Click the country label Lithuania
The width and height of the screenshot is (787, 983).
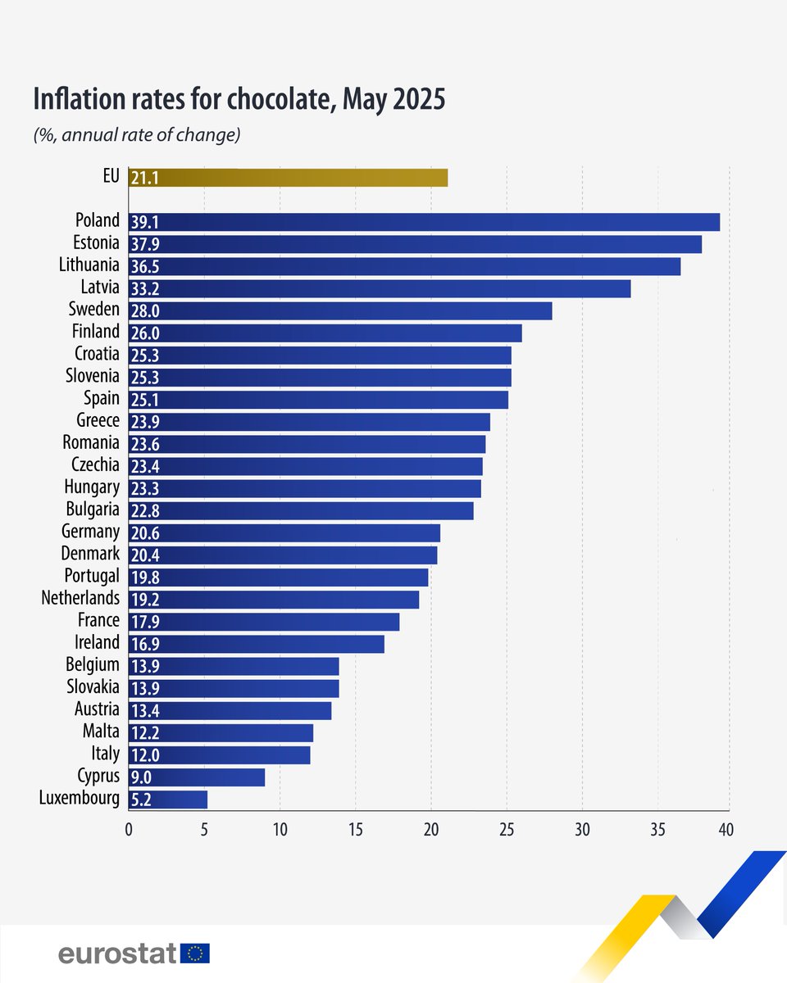pyautogui.click(x=89, y=265)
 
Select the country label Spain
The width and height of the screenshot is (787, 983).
pyautogui.click(x=101, y=398)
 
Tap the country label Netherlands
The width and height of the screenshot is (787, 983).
pyautogui.click(x=80, y=598)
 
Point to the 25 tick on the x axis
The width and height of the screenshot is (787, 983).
pyautogui.click(x=507, y=829)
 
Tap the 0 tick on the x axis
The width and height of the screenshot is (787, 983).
pyautogui.click(x=129, y=829)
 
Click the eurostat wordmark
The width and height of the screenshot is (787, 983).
pyautogui.click(x=117, y=953)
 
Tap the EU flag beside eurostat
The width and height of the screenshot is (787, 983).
pyautogui.click(x=196, y=953)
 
